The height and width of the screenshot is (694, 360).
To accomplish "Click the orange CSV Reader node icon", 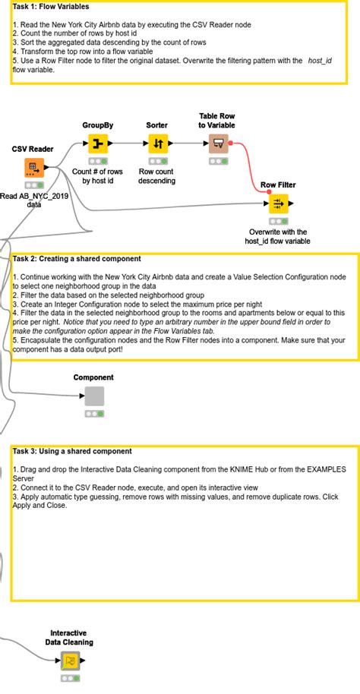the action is (34, 167).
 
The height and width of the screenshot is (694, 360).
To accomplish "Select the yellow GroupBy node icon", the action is (98, 144).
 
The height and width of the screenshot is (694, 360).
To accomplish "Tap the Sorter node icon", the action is (158, 144).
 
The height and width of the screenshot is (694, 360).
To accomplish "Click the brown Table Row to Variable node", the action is (218, 144).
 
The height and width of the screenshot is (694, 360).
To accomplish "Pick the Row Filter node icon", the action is (279, 203).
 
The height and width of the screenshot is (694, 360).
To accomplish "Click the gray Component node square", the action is (94, 396).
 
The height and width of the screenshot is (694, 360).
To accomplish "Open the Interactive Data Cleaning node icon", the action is (70, 661).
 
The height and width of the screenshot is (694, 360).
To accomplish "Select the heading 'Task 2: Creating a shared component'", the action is (77, 258).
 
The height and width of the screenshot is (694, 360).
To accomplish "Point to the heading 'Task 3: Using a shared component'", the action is (72, 452).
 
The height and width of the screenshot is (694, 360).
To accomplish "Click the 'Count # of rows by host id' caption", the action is (98, 176).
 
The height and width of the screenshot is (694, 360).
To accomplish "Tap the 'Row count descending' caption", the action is (156, 176).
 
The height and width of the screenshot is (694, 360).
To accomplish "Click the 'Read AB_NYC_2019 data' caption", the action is (34, 200).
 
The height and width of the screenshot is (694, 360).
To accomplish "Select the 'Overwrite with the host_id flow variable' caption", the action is (278, 236).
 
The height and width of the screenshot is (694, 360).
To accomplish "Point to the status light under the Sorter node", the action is (158, 162).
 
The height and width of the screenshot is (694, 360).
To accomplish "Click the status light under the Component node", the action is (94, 414).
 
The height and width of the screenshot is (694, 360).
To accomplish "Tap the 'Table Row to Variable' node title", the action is (216, 121).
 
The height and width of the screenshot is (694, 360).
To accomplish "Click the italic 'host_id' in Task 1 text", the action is (320, 61).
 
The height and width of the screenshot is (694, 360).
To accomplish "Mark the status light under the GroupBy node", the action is (98, 162).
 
